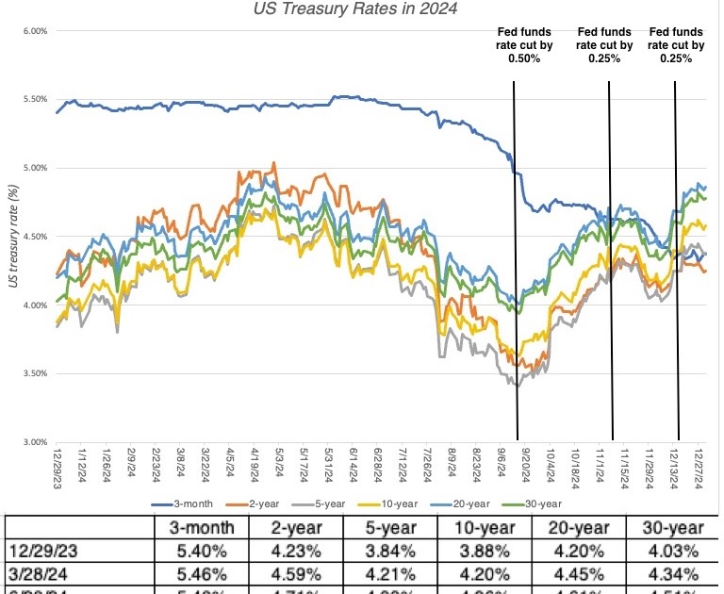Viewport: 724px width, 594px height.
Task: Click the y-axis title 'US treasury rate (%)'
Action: pyautogui.click(x=12, y=237)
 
